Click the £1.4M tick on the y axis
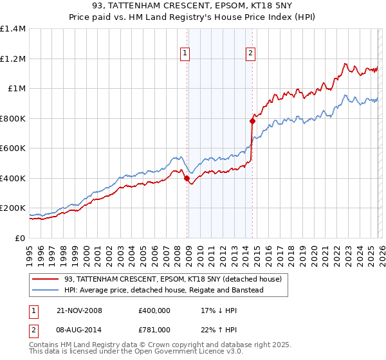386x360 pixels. (x=13, y=29)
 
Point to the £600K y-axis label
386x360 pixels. (x=13, y=148)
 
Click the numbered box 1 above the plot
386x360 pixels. (x=185, y=54)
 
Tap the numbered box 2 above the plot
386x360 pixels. (x=250, y=54)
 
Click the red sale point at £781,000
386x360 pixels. (x=252, y=121)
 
